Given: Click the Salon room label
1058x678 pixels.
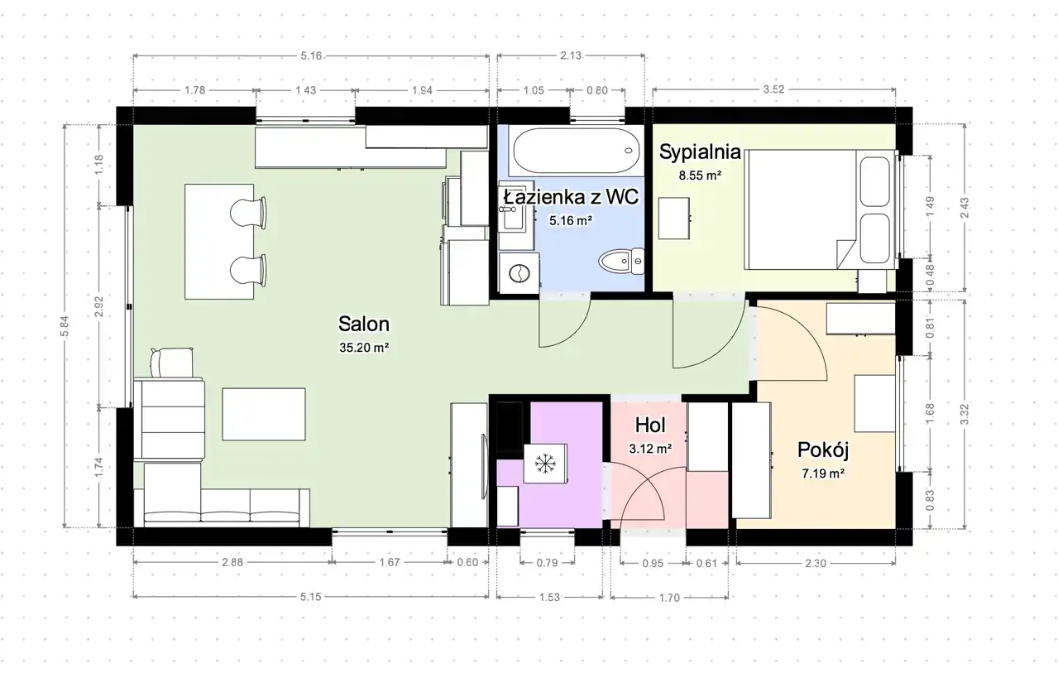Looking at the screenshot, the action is tap(364, 324).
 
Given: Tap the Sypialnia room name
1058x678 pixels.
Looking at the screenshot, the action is tap(700, 152).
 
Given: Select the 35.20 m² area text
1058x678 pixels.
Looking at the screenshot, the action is tap(364, 348).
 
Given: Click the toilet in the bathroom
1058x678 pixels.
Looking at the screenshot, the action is tap(621, 261).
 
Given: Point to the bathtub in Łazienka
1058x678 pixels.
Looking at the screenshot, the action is tap(577, 151).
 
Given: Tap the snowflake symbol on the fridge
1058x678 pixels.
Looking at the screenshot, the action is tap(544, 463).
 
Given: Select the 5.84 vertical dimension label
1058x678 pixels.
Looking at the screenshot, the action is tap(65, 326).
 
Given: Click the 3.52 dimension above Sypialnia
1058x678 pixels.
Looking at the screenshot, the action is tap(773, 89).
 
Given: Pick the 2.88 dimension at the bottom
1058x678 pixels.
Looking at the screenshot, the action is tap(232, 562).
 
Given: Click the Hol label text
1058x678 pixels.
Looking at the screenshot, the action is tap(650, 425).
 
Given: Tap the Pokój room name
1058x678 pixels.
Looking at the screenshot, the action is tap(823, 450).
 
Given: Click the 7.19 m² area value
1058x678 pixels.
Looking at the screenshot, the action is tap(823, 474).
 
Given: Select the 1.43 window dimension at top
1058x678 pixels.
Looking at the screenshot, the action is tap(305, 90).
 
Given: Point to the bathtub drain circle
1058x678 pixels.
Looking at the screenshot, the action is tap(628, 151).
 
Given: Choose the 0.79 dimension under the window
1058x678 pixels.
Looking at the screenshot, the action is tap(548, 563).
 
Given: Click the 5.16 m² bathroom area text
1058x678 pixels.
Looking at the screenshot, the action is tap(571, 220).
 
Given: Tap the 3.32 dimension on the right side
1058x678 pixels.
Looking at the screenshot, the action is tap(965, 414).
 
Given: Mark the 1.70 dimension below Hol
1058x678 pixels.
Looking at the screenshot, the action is tap(669, 598).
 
